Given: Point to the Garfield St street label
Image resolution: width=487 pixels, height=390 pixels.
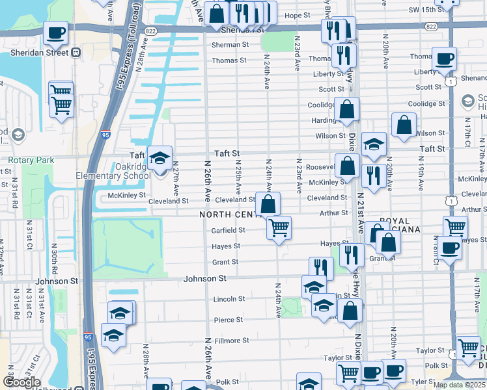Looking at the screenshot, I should [x=228, y=230].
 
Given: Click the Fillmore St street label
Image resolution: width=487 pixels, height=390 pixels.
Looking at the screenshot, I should [x=232, y=340].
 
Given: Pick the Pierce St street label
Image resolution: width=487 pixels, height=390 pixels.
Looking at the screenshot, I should [x=228, y=320].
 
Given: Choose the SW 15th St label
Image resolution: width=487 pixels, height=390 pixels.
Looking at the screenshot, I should [x=425, y=10].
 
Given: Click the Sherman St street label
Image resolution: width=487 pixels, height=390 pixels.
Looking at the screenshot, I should [x=230, y=45].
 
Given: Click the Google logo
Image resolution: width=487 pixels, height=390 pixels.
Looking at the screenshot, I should [x=21, y=382].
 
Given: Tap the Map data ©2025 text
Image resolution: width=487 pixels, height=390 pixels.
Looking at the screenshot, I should [x=459, y=385].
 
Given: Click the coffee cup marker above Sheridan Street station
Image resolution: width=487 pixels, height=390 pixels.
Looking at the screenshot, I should [x=56, y=32].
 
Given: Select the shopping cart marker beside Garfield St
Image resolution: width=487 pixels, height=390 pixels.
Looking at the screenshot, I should [x=279, y=228].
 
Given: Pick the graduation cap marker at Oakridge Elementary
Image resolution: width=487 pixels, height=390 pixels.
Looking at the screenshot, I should [x=160, y=158].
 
